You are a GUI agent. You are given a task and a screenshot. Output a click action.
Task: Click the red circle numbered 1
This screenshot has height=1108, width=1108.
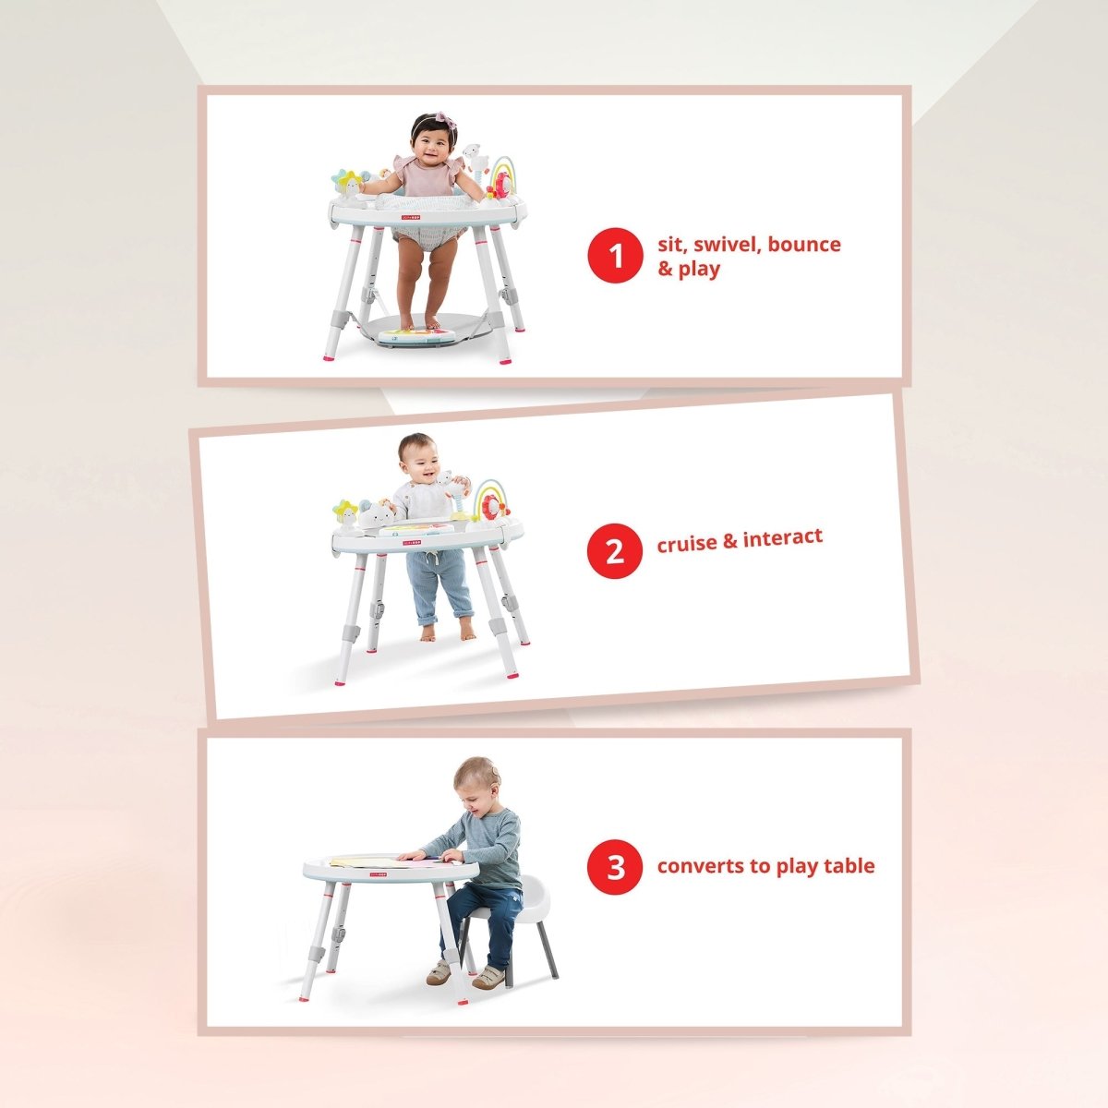(x=615, y=255)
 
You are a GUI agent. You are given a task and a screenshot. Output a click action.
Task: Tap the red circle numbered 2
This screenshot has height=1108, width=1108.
(x=615, y=551)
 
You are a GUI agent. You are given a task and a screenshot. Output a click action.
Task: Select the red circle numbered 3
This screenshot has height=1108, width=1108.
(x=615, y=867)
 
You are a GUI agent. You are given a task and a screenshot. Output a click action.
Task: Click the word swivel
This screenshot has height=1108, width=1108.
(x=728, y=245)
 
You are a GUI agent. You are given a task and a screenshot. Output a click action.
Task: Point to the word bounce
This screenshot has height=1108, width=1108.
(x=804, y=244)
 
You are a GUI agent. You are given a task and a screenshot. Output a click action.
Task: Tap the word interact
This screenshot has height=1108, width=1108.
(x=783, y=538)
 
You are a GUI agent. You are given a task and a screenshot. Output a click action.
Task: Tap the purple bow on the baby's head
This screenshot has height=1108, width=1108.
(x=445, y=121)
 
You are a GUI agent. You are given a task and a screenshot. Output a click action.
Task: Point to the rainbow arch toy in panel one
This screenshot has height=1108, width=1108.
(x=500, y=175)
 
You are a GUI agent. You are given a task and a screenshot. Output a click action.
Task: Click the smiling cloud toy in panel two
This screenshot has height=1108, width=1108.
(x=377, y=513)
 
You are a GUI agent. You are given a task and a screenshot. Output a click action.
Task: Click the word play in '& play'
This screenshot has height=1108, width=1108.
(x=699, y=269)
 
